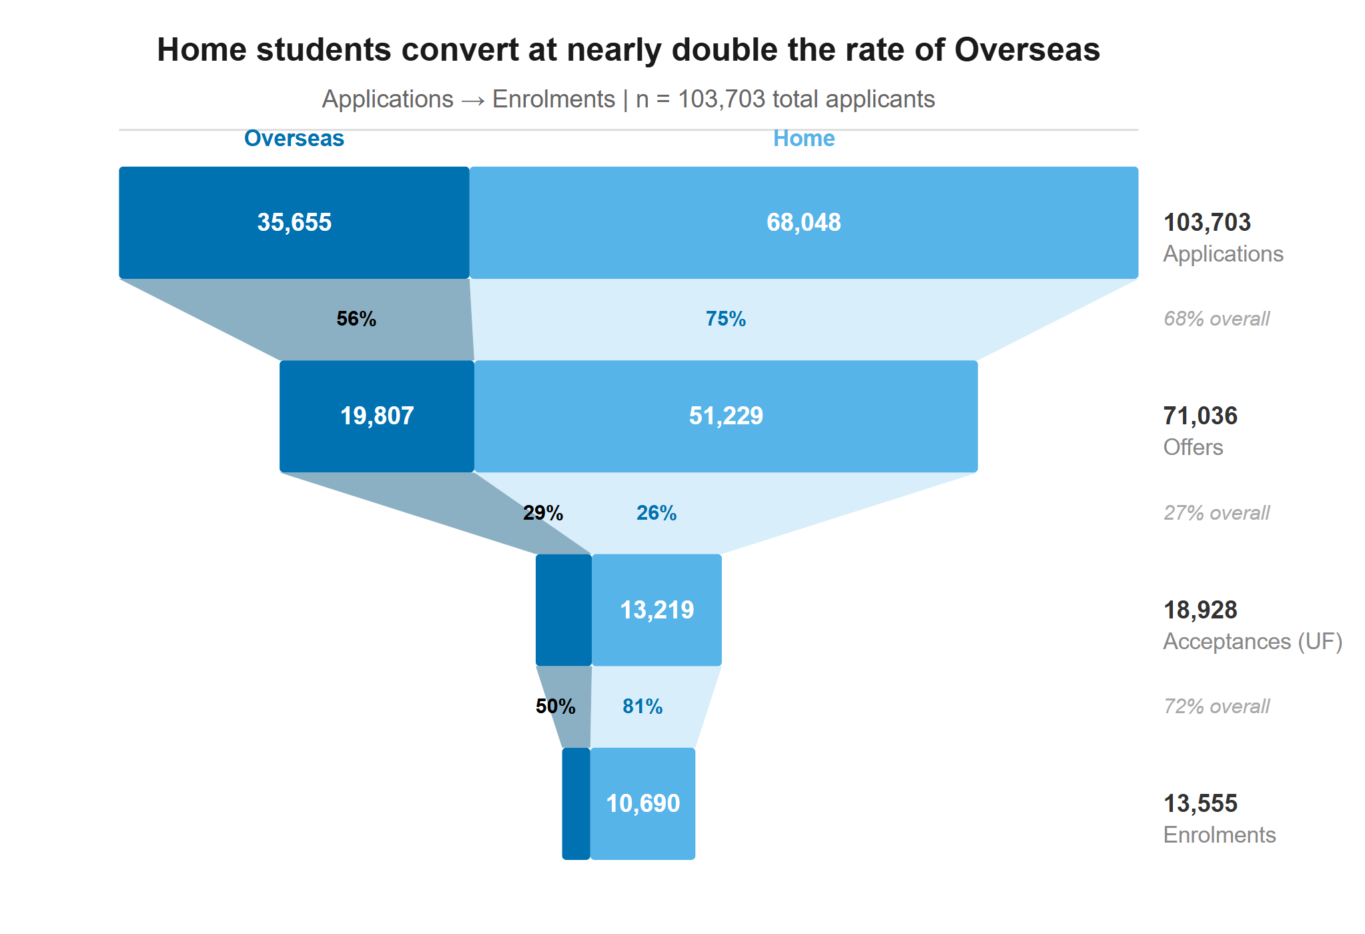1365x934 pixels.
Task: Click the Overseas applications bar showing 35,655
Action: (294, 222)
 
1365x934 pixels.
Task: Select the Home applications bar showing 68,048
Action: (803, 222)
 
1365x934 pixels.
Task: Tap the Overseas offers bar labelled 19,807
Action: (377, 416)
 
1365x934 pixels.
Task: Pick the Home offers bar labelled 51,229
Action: (726, 416)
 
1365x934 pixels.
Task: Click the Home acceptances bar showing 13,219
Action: (656, 610)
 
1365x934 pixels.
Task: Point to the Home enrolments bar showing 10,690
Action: (642, 803)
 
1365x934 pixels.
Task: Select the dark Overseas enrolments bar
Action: (576, 803)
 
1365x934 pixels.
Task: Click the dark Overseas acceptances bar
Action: (564, 610)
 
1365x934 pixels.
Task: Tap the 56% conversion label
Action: (356, 319)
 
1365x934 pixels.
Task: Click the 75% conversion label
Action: (726, 319)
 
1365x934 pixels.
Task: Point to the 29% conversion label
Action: (543, 513)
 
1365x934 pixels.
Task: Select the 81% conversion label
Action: (642, 707)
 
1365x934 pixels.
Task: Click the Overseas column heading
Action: (294, 138)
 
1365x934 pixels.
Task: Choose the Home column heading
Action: (804, 138)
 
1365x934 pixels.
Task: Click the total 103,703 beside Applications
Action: (1207, 222)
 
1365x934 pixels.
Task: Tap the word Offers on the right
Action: (1193, 447)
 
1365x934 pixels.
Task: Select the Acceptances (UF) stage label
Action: (1252, 641)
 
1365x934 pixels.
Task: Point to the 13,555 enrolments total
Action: (1200, 803)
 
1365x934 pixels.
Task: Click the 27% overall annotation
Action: (1216, 513)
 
